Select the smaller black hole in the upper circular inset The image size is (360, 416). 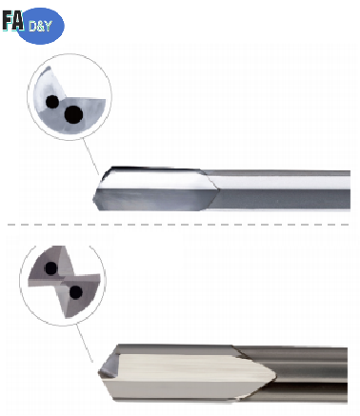coord(51,100)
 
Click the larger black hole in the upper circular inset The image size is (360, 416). coord(72,115)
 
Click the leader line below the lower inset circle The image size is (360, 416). coord(89,345)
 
